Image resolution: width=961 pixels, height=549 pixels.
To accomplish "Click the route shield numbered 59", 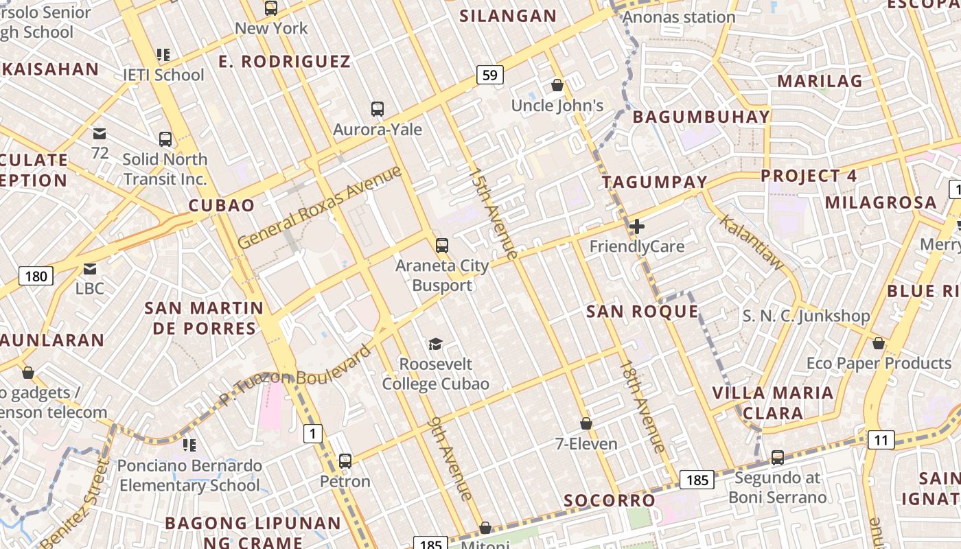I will tap(489, 75).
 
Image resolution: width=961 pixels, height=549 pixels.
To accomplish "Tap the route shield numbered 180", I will tap(36, 277).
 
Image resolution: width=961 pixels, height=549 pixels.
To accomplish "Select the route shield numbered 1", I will tap(312, 434).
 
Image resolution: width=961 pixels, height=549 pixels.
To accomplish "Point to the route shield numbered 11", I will tap(881, 440).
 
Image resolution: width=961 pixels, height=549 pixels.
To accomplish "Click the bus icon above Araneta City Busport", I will tap(442, 245).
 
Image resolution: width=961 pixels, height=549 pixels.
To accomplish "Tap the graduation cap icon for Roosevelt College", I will tap(435, 343).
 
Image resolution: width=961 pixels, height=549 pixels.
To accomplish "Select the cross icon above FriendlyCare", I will tap(637, 226).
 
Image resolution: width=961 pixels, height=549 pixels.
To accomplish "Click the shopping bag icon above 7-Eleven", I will tap(586, 423).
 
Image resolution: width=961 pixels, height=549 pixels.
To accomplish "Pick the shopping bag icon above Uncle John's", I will tap(557, 86).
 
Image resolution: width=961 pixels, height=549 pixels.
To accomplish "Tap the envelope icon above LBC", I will tap(90, 268).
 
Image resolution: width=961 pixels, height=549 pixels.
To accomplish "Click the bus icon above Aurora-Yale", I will tap(377, 109).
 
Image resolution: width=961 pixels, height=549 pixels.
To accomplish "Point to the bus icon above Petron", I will tap(345, 461).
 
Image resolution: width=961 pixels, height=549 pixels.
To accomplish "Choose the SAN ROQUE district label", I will tap(642, 312).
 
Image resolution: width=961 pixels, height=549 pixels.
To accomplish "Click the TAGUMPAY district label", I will tap(654, 182).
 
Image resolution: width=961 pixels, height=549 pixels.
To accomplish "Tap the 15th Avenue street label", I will tap(493, 213).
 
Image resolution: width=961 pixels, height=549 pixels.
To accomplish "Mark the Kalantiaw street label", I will tap(752, 242).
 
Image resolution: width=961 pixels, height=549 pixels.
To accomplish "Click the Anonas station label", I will tap(679, 17).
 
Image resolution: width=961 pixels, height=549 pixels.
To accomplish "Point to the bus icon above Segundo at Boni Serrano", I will tap(777, 458).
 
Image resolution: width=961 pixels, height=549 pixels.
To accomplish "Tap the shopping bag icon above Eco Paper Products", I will tap(878, 343).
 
